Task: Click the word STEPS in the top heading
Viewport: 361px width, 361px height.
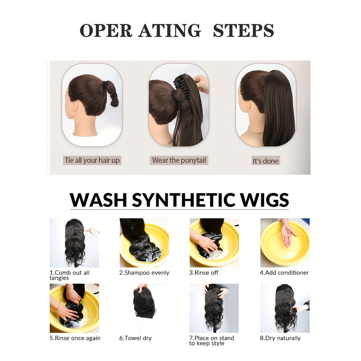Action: (243, 31)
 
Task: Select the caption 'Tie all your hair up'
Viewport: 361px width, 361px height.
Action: (92, 160)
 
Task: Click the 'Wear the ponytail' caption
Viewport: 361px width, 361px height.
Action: (179, 160)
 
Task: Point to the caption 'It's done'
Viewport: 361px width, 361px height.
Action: (265, 161)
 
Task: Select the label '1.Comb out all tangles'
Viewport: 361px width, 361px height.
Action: (69, 275)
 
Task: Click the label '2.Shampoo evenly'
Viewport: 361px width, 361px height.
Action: (144, 273)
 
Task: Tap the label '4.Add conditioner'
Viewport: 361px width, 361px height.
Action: (284, 273)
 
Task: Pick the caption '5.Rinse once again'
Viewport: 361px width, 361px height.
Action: (75, 338)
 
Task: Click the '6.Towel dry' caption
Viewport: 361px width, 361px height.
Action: (135, 338)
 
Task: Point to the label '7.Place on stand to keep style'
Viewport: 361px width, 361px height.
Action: (212, 341)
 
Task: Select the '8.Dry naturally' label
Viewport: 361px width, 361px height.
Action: (280, 338)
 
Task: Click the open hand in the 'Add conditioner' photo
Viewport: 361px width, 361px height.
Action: (288, 234)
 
